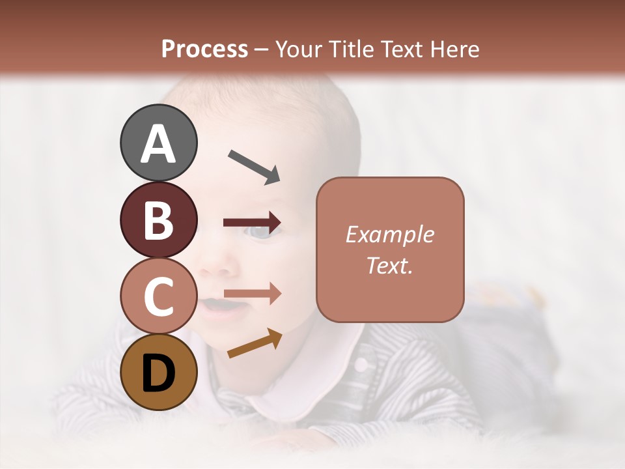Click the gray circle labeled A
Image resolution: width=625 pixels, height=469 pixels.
(158, 143)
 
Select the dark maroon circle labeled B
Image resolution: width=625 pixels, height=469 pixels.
(158, 220)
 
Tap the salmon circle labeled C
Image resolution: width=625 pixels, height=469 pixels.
(158, 296)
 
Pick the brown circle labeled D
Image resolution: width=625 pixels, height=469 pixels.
(158, 372)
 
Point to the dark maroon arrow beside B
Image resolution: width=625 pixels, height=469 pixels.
(252, 222)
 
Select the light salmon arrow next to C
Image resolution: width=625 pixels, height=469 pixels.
(252, 294)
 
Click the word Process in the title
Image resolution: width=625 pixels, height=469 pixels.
(204, 49)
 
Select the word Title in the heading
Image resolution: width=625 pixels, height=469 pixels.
(350, 49)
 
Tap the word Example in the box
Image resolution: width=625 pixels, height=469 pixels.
(389, 234)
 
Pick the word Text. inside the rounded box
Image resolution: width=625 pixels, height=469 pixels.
(389, 265)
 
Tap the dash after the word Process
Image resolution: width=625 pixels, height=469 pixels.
(262, 50)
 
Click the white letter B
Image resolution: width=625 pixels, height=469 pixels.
(158, 220)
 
